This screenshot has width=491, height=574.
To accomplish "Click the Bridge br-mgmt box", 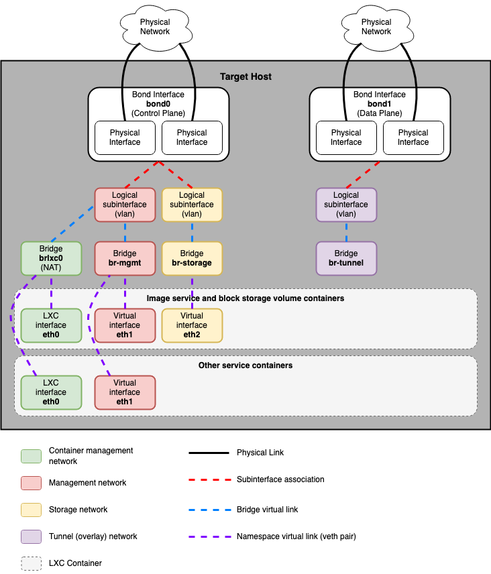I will click(x=125, y=258).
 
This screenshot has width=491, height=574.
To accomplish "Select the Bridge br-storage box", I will click(x=192, y=258).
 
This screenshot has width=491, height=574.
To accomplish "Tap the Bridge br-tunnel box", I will click(x=346, y=258).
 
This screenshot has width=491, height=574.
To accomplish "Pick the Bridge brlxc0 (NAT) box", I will click(x=51, y=258).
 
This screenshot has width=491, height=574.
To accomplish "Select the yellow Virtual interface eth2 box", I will click(x=192, y=325).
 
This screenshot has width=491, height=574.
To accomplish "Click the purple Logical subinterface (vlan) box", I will click(x=346, y=205).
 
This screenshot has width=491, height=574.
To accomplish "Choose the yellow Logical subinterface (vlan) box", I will click(x=192, y=205).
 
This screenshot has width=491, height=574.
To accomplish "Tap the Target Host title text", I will click(x=245, y=76).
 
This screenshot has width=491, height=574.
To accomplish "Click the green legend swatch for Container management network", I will click(x=31, y=456).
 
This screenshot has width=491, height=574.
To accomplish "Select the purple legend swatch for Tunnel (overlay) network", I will click(x=31, y=536).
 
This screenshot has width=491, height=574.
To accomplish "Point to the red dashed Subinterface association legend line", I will click(x=209, y=479).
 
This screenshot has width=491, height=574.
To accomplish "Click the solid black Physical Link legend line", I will click(x=209, y=453).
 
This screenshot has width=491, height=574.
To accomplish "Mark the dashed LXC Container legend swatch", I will click(x=31, y=563).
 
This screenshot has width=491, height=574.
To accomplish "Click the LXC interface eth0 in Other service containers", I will click(x=51, y=392).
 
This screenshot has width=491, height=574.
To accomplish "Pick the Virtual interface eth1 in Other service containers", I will click(x=125, y=392).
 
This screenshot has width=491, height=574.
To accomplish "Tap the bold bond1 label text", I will click(x=380, y=104).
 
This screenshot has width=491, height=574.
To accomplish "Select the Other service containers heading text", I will click(x=245, y=365).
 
